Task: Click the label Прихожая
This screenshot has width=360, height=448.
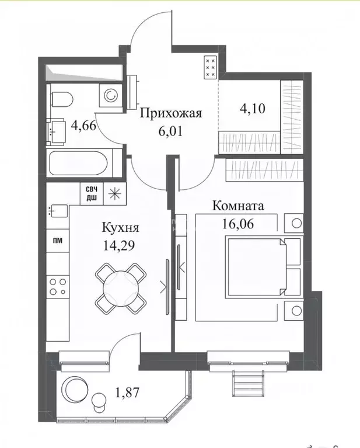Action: [x=170, y=113]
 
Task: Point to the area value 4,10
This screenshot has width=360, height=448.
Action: [x=254, y=109]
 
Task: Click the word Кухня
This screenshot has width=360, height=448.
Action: [x=119, y=227]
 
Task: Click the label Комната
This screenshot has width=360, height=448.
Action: [x=238, y=206]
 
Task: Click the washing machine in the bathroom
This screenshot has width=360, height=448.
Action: [x=109, y=95]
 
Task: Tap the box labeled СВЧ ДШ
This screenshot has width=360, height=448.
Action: [x=92, y=193]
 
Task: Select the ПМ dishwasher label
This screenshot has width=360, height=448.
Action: [x=57, y=239]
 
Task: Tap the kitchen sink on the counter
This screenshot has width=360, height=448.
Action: [x=58, y=210]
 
